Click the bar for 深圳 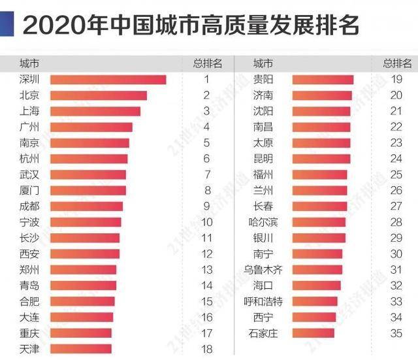[x=108, y=80]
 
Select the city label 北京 [x=30, y=95]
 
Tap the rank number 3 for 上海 [x=206, y=111]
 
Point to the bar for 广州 [x=91, y=127]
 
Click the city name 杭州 [x=30, y=158]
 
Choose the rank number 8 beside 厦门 [x=206, y=190]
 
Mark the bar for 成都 [x=86, y=206]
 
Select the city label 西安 [x=30, y=254]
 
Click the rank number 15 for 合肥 [x=206, y=301]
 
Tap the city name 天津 [x=30, y=348]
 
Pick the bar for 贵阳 [x=323, y=80]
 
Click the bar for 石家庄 [x=313, y=333]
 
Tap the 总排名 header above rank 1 [x=207, y=63]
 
